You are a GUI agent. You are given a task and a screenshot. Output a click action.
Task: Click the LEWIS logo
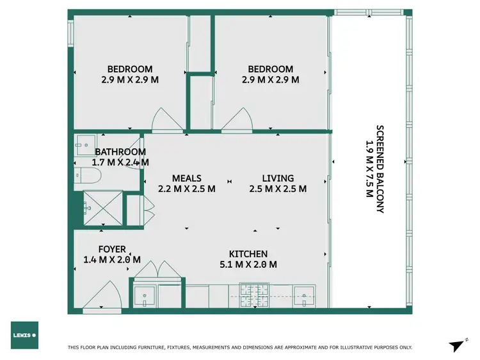(24, 335)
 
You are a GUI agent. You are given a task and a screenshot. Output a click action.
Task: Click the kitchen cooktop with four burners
(255, 295)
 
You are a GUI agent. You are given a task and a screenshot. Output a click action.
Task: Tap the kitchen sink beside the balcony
(304, 296)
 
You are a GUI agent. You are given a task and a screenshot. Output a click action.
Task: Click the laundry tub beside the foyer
(145, 295)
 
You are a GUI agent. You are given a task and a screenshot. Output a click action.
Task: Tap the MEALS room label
(187, 178)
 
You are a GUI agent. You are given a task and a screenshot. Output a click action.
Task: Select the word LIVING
(278, 178)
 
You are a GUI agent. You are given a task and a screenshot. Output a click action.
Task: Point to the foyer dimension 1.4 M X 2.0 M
(112, 260)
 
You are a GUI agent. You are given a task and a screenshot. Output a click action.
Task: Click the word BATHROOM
(120, 152)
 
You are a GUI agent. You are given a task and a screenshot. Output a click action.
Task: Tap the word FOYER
(112, 249)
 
